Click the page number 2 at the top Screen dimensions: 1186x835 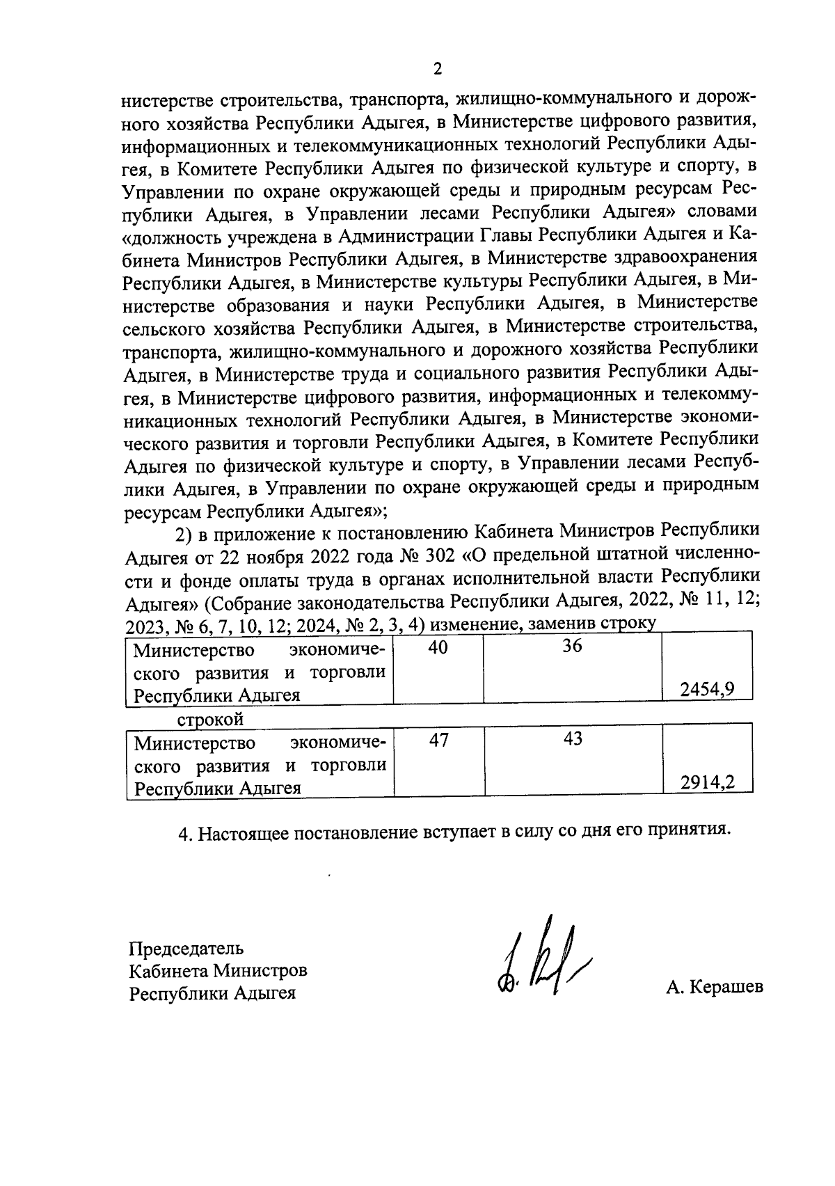coord(437,68)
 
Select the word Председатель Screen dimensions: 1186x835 coord(186,948)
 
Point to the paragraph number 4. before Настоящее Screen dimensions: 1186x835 coord(186,833)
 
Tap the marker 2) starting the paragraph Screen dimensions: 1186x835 coord(183,535)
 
